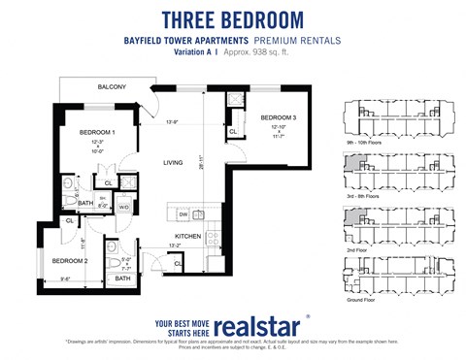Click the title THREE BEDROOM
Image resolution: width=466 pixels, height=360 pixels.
tap(232, 18)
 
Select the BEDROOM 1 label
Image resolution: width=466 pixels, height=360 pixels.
tap(97, 131)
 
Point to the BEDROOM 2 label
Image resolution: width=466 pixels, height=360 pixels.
tap(70, 261)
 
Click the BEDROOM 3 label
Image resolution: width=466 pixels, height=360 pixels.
tap(277, 117)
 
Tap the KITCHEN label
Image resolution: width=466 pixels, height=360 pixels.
tap(186, 236)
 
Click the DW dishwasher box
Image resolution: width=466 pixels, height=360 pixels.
tap(182, 214)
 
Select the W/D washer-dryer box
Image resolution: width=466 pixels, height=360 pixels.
tap(124, 206)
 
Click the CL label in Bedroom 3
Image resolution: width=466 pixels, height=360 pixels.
tap(233, 131)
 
